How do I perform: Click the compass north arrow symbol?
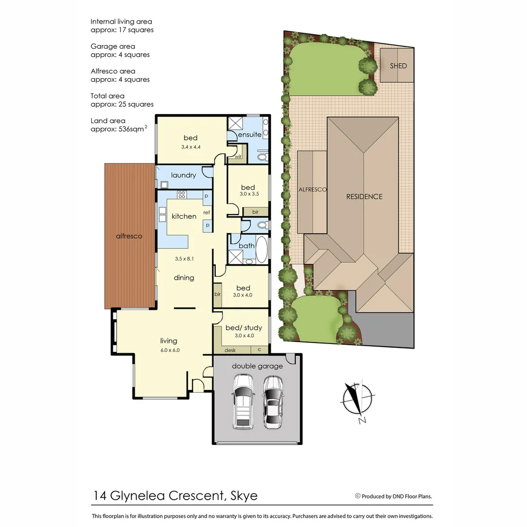[358, 399]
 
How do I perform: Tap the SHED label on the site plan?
[398, 66]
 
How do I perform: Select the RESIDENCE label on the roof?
[364, 197]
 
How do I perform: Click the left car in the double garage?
[243, 401]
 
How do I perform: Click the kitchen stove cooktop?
[182, 195]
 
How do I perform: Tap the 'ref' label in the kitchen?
[207, 212]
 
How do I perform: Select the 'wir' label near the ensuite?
[238, 157]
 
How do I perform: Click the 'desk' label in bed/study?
[230, 350]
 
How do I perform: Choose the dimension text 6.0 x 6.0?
[169, 349]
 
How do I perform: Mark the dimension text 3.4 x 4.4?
[191, 146]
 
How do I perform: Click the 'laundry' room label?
[183, 175]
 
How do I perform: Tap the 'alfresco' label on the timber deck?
[129, 236]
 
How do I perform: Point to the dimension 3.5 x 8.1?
[184, 259]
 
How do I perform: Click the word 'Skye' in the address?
[243, 496]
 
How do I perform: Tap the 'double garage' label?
[257, 366]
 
